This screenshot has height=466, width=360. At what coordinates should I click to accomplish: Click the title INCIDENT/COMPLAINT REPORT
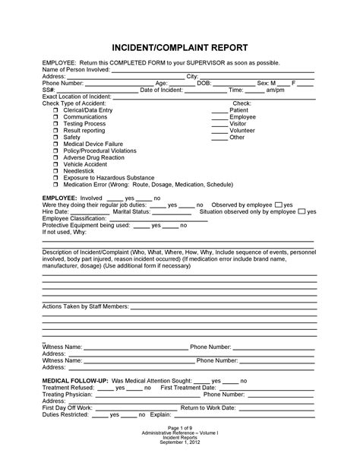pos(179,45)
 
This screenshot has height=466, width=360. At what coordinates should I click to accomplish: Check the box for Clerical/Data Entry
pos(56,110)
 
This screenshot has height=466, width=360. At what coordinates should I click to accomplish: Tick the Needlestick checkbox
pos(56,170)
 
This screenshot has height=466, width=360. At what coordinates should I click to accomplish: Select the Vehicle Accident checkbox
pos(56,163)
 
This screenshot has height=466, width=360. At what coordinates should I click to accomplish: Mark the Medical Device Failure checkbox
pos(56,144)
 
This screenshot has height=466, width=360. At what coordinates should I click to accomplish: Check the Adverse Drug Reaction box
pos(56,157)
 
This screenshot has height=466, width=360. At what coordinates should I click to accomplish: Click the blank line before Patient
pos(219,111)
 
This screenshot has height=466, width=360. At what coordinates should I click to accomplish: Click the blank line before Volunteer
pos(219,131)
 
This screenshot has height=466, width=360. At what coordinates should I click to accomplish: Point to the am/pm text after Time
pos(275,90)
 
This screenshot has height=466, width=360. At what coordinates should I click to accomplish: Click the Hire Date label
pos(56,212)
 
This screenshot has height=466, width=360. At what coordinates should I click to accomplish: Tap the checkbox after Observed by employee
pos(279,205)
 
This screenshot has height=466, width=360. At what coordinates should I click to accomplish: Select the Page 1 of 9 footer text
pos(179,427)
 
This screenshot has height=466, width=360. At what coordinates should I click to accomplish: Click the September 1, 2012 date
pos(179,442)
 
